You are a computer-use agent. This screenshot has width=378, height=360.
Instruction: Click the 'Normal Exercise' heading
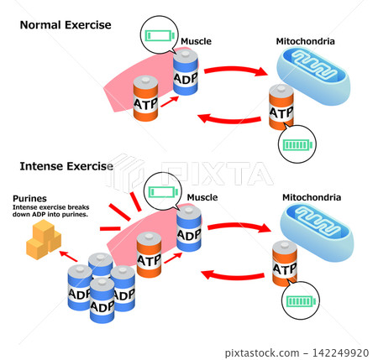(66, 25)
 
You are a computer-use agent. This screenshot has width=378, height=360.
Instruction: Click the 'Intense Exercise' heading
(66, 166)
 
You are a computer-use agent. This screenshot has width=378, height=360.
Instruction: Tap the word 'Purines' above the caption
(29, 199)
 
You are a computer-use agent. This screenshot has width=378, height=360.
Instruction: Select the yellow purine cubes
(44, 239)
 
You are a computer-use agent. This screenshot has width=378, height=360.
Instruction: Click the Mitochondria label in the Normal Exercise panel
(305, 41)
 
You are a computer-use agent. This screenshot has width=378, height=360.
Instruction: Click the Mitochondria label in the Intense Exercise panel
(312, 197)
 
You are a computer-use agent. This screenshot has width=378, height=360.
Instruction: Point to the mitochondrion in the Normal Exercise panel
(313, 76)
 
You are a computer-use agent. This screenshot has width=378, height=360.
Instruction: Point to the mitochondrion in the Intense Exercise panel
(317, 232)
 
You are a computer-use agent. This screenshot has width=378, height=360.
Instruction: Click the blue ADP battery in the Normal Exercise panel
(186, 72)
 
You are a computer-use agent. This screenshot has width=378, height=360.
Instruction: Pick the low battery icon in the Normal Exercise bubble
(160, 35)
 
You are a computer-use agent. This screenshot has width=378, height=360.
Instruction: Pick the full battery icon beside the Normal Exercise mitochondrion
(297, 144)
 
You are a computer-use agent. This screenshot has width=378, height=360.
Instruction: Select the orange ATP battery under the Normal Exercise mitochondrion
(281, 107)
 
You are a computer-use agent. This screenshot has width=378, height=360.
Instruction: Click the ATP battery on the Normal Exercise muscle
(145, 98)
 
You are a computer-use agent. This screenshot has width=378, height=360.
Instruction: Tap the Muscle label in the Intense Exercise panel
(202, 197)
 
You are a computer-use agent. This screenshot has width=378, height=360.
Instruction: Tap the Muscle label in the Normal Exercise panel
(196, 41)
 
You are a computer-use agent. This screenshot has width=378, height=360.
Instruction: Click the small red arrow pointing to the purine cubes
(68, 256)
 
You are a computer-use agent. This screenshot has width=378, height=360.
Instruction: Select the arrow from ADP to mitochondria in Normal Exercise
(236, 70)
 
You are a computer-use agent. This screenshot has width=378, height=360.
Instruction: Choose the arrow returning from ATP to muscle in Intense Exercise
(233, 275)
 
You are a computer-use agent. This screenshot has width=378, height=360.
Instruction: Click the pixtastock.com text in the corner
(262, 352)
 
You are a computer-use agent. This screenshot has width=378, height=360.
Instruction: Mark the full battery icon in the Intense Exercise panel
(301, 301)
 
